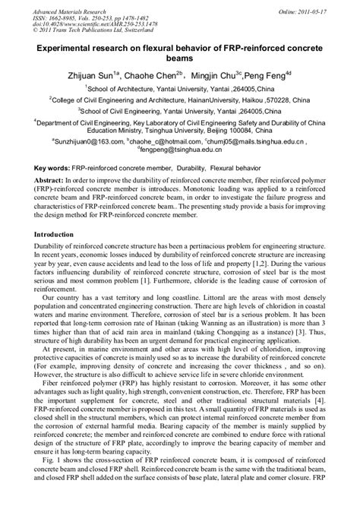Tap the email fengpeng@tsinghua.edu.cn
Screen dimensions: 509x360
click(182, 151)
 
